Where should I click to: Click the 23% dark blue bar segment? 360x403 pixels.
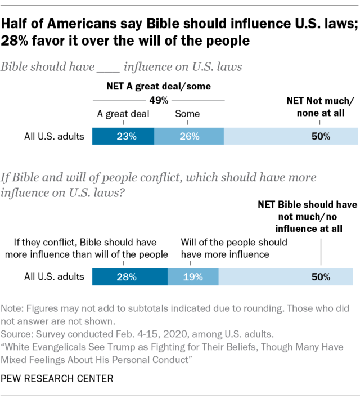tap(123, 136)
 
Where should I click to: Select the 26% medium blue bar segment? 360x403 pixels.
tap(188, 136)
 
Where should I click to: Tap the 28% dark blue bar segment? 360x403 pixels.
tap(130, 276)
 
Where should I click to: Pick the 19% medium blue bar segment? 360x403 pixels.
tap(193, 276)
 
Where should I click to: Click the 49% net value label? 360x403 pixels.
tap(159, 100)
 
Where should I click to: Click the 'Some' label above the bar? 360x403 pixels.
tap(187, 114)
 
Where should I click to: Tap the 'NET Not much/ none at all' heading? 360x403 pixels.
tap(320, 107)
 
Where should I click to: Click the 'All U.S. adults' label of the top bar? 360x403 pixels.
tap(55, 136)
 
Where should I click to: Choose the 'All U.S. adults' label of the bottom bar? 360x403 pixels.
tap(55, 276)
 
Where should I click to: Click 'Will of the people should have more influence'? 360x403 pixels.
tap(233, 248)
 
